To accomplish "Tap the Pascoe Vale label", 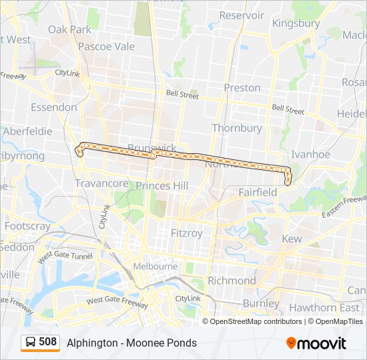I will point(106,47).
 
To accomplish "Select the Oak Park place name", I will point(69,29).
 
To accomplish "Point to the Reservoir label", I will point(242,15).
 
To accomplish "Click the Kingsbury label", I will point(296,23).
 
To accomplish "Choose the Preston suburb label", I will point(242,87).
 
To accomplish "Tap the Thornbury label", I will point(237,127).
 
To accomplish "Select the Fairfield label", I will point(258,192).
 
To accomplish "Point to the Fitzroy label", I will point(186,233).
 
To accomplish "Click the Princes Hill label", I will point(161,185).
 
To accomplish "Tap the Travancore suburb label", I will point(101,183).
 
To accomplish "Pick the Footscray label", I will point(27,226).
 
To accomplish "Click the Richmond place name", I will point(232,281).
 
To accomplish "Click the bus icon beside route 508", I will point(31,343).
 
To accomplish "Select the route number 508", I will point(48,342).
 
